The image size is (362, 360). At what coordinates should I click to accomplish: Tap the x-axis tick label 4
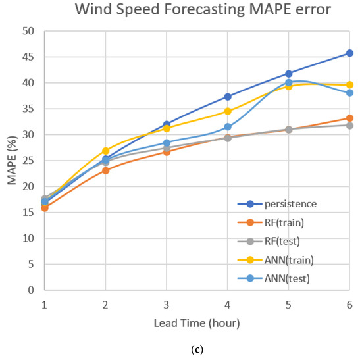point(228,305)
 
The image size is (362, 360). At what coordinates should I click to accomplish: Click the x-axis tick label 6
point(349,305)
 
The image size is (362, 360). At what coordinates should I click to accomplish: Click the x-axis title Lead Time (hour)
point(197,323)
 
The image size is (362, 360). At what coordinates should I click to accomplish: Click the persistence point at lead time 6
point(349,53)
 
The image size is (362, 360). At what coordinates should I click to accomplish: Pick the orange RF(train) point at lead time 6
point(349,118)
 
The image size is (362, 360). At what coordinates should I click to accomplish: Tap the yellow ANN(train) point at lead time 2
point(106,151)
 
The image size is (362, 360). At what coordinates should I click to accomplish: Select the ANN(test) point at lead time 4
point(228,127)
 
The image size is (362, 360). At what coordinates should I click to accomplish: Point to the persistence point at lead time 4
point(228,97)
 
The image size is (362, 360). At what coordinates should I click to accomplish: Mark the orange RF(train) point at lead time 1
point(45,208)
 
